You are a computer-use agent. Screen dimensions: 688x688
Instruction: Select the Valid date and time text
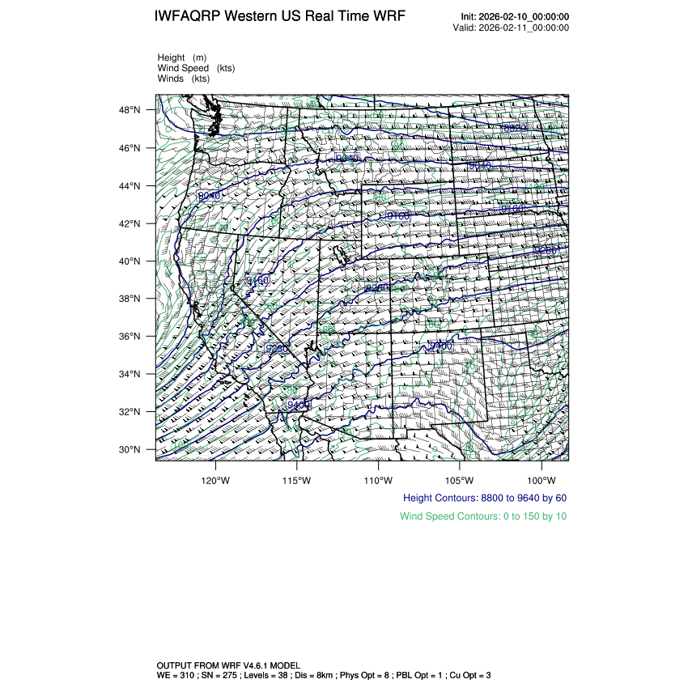pyautogui.click(x=511, y=28)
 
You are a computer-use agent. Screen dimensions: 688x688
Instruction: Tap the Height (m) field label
pyautogui.click(x=182, y=57)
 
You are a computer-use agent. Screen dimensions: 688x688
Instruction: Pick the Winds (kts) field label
pyautogui.click(x=184, y=79)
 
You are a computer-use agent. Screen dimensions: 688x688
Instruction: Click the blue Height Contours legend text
pyautogui.click(x=484, y=498)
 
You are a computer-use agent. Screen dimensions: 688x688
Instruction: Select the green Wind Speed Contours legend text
pyautogui.click(x=483, y=516)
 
